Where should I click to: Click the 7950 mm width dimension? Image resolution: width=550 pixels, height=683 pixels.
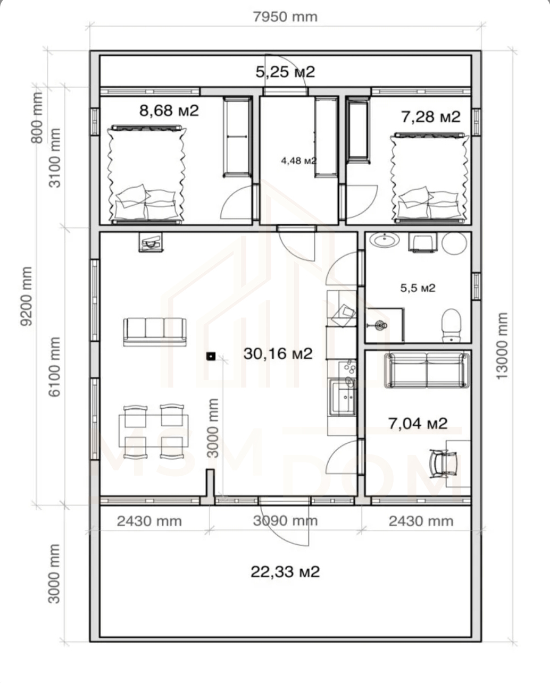(x=285, y=17)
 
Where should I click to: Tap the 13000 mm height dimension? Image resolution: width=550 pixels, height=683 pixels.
(x=502, y=345)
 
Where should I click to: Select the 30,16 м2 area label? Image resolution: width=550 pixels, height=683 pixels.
(x=278, y=353)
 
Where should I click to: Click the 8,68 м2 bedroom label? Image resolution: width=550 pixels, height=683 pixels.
(x=169, y=111)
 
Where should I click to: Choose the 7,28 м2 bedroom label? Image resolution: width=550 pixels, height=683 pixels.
(x=431, y=117)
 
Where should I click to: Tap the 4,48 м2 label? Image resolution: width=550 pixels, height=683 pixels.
(x=299, y=161)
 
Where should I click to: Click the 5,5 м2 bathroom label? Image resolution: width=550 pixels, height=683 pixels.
(x=418, y=288)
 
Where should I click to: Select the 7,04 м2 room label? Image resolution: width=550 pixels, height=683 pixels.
(x=418, y=423)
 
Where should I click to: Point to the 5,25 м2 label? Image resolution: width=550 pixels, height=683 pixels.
(x=285, y=72)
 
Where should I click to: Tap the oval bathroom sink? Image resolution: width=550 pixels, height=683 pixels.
(x=386, y=240)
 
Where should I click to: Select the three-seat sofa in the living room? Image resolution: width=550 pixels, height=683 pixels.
(x=155, y=332)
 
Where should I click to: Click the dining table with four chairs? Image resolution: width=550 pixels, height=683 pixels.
(x=154, y=431)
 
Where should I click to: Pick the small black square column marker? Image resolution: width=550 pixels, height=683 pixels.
(x=211, y=357)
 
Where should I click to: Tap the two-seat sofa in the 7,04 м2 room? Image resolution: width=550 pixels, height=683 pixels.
(x=427, y=370)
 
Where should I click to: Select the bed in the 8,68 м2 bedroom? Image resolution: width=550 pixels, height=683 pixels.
(x=146, y=174)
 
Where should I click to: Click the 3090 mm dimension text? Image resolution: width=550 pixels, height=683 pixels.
(x=285, y=521)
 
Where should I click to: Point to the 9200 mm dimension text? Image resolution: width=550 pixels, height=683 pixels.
(x=26, y=297)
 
